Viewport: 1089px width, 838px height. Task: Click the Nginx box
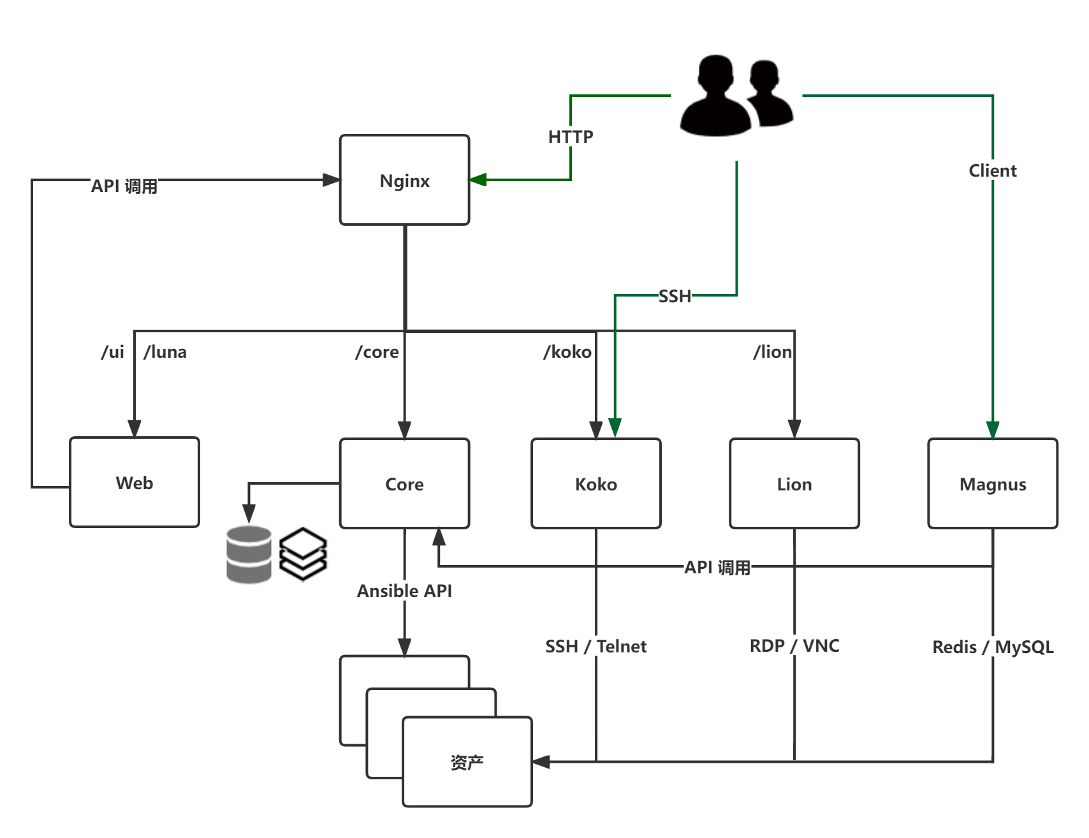point(404,180)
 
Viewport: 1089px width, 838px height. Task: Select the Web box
point(135,483)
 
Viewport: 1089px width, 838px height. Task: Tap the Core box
point(404,484)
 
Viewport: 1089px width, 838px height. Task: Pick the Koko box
point(596,484)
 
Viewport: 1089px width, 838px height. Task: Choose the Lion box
point(794,484)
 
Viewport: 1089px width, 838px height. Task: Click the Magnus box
point(993,484)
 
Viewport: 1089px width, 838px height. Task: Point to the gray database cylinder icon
point(249,554)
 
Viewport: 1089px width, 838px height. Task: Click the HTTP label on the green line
point(571,136)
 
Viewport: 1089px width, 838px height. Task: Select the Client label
point(992,170)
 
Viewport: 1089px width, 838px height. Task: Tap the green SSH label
point(675,296)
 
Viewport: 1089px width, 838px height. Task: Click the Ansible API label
point(404,591)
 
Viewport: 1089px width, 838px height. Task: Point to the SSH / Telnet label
point(596,646)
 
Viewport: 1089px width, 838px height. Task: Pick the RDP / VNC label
point(794,645)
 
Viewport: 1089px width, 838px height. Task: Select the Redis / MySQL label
point(993,647)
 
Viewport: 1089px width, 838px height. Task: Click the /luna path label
point(165,352)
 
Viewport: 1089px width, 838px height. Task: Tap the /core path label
point(377,352)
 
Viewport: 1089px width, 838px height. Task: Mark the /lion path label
point(773,352)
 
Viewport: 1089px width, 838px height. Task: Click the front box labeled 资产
point(467,762)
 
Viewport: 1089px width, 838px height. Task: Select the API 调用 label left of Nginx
point(124,186)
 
